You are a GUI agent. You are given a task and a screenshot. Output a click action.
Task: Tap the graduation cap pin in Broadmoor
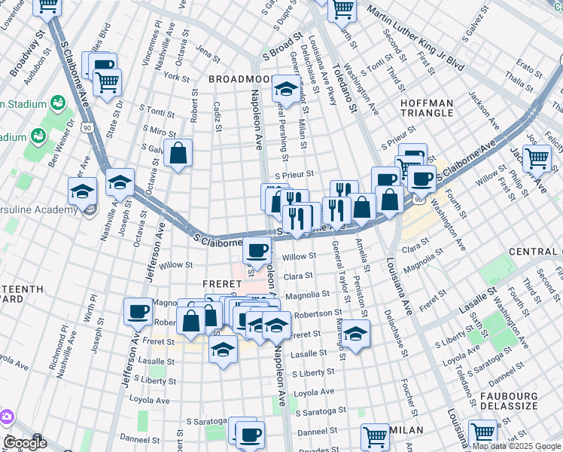[285, 90]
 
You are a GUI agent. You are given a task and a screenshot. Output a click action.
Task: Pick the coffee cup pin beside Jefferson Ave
[138, 311]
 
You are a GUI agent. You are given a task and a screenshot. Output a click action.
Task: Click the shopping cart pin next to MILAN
[374, 435]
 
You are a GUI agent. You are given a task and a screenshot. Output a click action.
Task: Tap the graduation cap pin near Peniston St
[357, 332]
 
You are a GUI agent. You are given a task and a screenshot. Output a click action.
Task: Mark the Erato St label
[528, 69]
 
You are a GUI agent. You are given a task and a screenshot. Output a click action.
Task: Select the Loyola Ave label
[314, 392]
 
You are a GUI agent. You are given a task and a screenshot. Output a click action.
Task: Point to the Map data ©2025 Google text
[515, 446]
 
